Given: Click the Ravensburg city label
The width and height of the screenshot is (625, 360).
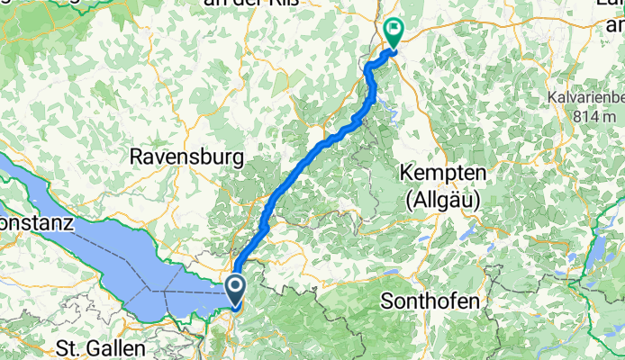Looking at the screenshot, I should click(186, 157).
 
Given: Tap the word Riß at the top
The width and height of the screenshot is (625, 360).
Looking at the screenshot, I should click(285, 4).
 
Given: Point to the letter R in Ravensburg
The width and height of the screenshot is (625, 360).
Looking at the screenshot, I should click(137, 157).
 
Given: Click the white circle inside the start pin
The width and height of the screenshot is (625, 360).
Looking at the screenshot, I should click(235, 286).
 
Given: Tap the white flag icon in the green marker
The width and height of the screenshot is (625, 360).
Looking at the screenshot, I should click(394, 28).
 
